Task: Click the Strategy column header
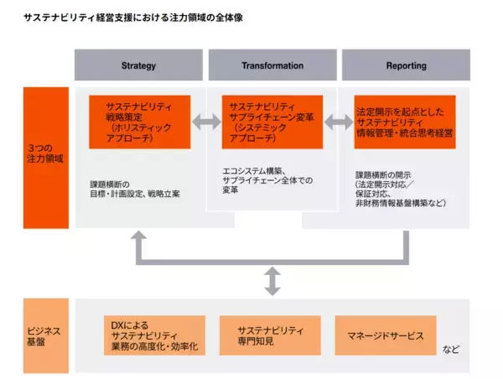[x=138, y=65]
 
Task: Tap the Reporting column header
[x=407, y=65]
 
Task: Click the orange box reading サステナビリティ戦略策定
[x=140, y=122]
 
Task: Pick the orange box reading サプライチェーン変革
[x=272, y=122]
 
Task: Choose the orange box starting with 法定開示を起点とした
[x=406, y=122]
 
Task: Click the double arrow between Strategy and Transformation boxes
[x=206, y=123]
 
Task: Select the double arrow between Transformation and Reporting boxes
[x=339, y=123]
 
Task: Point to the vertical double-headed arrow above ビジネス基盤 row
[x=272, y=282]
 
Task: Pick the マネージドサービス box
[x=386, y=335]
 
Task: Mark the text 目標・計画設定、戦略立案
[x=136, y=194]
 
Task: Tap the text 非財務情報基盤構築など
[x=401, y=203]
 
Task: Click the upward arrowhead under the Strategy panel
[x=138, y=238]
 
